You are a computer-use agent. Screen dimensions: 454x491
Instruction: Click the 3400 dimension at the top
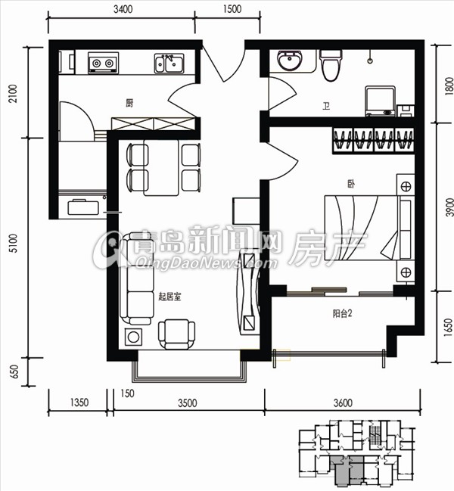(123, 9)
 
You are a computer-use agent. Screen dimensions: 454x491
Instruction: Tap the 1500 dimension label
(232, 9)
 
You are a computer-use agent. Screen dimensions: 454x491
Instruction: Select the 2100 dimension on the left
(13, 93)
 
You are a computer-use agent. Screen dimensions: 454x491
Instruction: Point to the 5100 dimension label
(13, 244)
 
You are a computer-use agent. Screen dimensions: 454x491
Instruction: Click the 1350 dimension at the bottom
(79, 402)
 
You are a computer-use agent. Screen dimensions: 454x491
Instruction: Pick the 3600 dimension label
(343, 402)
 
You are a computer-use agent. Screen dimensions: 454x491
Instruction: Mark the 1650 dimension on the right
(449, 328)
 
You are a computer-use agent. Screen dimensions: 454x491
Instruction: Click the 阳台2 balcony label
(342, 313)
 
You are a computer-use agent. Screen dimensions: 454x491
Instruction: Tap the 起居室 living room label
(169, 297)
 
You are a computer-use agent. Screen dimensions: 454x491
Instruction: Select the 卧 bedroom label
(351, 184)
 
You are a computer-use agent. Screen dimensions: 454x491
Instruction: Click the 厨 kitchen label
(129, 103)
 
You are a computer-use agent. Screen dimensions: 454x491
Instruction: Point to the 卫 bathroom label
(326, 107)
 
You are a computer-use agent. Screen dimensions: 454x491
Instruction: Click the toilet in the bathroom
(331, 65)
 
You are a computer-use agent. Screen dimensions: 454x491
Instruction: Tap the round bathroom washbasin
(290, 61)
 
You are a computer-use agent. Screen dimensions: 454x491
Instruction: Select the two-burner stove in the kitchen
(103, 63)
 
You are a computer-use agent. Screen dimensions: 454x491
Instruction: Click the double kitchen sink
(169, 64)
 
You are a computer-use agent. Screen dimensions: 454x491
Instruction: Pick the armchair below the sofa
(176, 334)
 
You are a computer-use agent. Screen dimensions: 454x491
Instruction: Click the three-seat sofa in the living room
(137, 278)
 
